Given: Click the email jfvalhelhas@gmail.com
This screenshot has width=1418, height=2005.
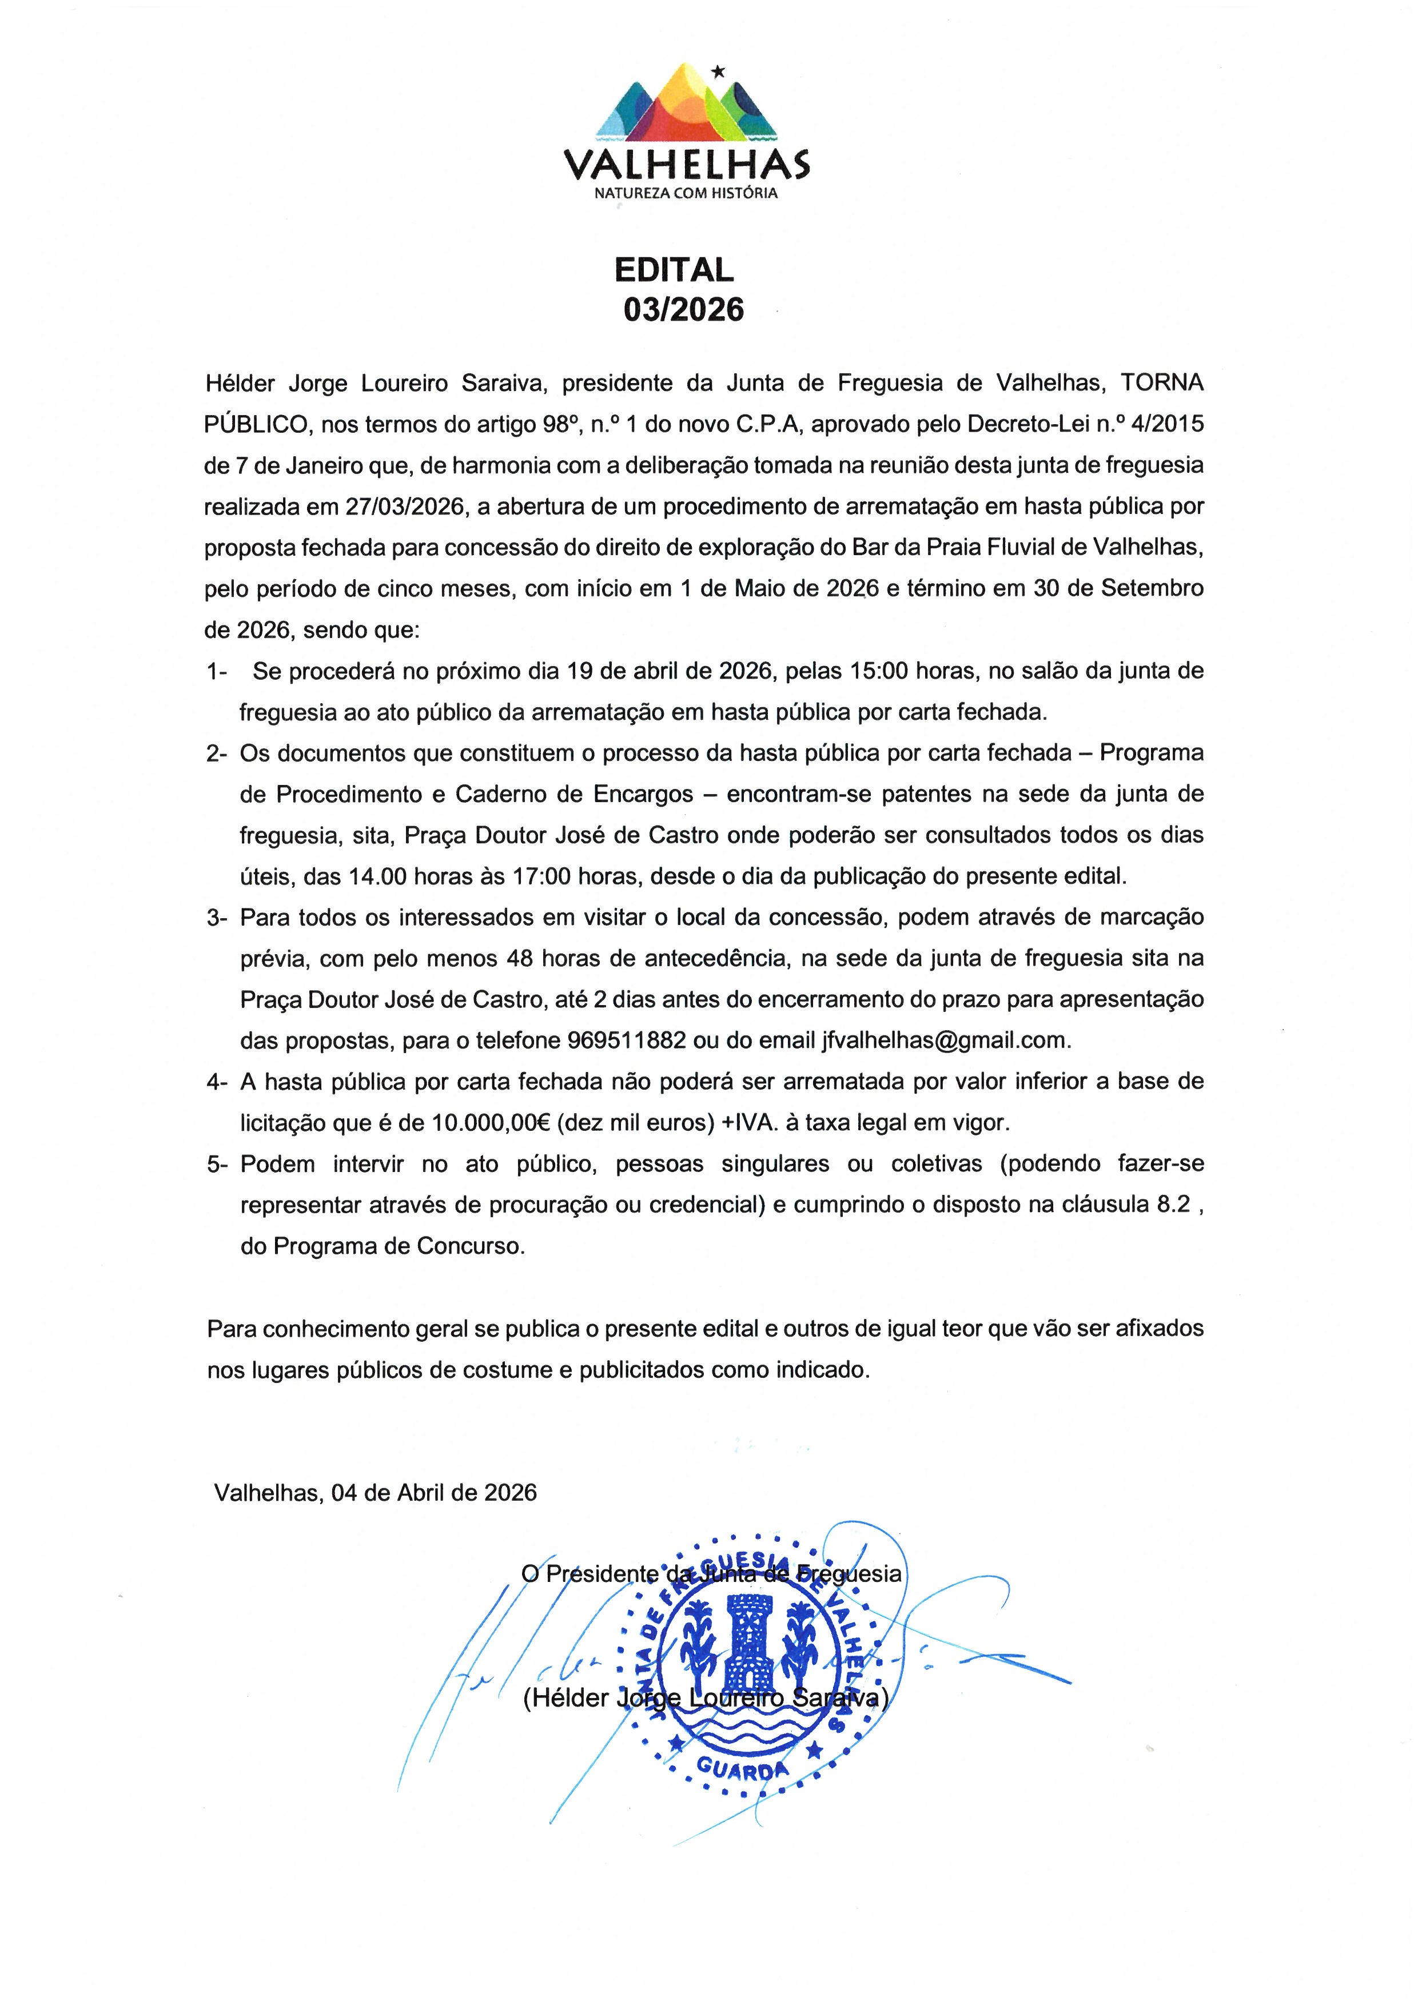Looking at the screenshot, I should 946,1040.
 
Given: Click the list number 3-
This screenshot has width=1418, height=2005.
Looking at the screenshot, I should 217,918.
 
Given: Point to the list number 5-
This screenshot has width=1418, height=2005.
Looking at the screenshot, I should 217,1164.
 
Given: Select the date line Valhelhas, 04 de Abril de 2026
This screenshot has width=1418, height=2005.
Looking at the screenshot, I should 376,1492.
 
